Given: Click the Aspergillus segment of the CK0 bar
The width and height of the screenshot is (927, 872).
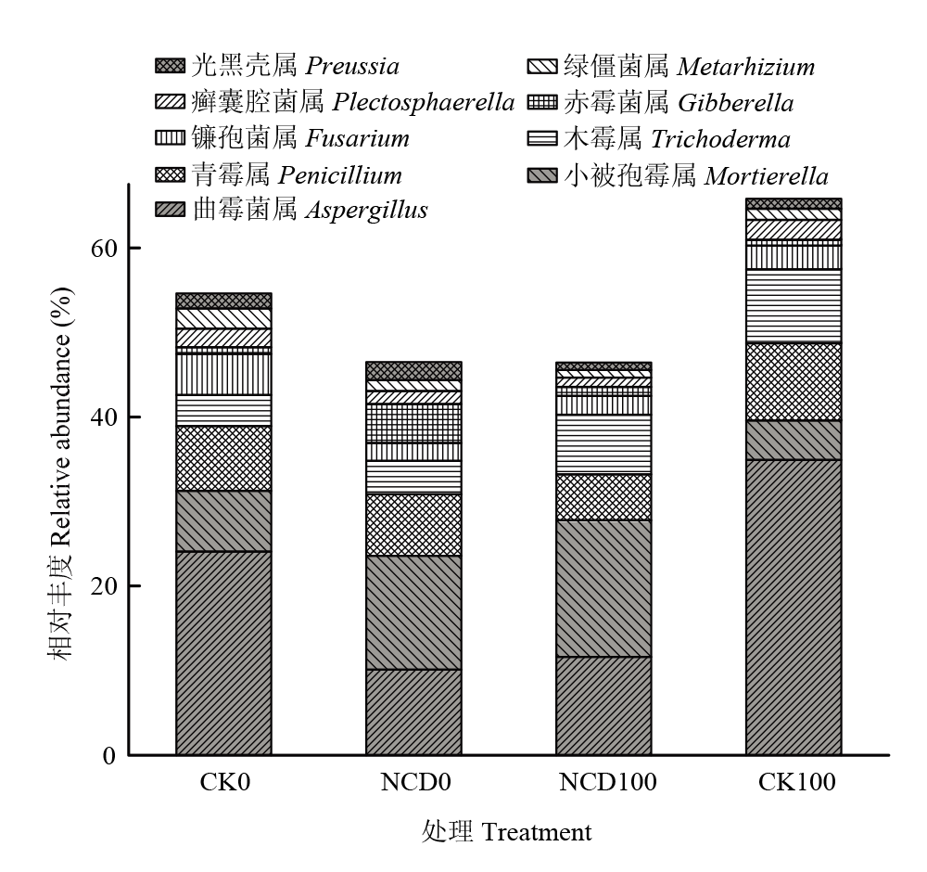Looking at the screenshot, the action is click(x=223, y=653).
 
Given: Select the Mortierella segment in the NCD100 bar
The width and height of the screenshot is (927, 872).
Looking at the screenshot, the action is click(x=603, y=589).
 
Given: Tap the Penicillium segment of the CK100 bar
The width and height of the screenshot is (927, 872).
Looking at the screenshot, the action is click(x=794, y=381).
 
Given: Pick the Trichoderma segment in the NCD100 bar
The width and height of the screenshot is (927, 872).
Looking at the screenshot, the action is click(x=603, y=444).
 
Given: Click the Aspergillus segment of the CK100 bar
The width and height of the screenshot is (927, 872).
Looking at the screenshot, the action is click(x=794, y=608).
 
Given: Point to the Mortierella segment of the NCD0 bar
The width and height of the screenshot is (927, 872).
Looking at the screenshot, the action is click(x=413, y=612).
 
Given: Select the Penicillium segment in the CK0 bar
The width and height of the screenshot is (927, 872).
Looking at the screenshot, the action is click(x=223, y=458).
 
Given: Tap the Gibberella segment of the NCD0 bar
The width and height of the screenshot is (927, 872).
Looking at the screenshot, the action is click(x=413, y=423).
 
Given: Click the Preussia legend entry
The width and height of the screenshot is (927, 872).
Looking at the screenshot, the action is click(x=277, y=66).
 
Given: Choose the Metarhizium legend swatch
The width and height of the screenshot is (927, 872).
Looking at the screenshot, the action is click(x=542, y=66).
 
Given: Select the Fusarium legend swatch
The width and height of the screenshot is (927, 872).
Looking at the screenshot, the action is click(x=170, y=138).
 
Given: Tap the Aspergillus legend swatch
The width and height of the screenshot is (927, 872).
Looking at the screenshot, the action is click(x=170, y=210).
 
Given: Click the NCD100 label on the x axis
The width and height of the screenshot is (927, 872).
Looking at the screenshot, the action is click(x=608, y=782).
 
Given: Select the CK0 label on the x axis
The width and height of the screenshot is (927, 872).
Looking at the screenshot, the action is click(x=224, y=782).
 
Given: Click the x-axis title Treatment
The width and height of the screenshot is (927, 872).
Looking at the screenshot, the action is click(x=536, y=832).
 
